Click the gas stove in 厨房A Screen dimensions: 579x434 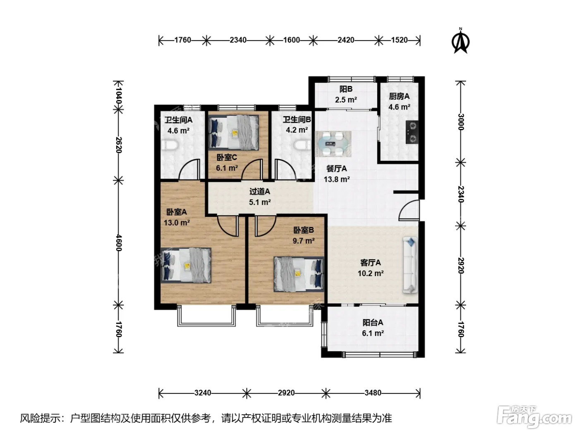coord(412,132)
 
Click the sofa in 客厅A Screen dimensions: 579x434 coord(410,265)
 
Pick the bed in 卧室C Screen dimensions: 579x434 coord(233,133)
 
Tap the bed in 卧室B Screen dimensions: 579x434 coord(299,274)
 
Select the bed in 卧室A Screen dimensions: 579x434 coord(186,265)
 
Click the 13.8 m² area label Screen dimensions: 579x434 coord(337,179)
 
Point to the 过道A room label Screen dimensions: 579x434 coord(260,191)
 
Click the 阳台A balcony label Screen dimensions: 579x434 coord(373,322)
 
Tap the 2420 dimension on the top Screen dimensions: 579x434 coord(346,40)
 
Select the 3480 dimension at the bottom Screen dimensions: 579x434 coord(373,393)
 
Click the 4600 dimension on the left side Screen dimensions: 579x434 coord(118,243)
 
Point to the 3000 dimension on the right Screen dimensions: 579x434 coord(460,122)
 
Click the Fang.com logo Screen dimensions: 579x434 coord(534,417)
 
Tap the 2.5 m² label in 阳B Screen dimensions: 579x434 coord(346,100)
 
